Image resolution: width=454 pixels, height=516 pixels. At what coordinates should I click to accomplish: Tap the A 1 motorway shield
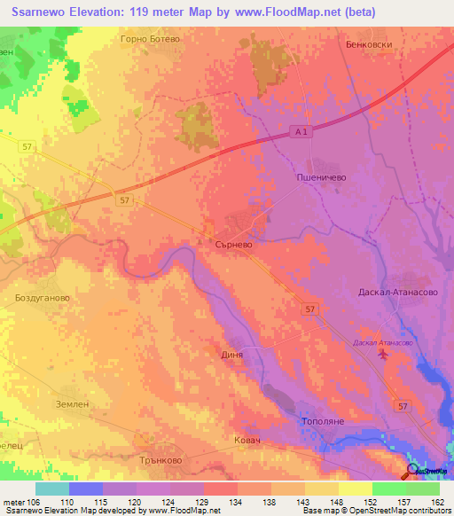[302, 132]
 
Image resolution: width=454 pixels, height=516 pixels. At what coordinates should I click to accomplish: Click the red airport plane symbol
[382, 355]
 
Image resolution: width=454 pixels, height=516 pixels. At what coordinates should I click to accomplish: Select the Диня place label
[231, 354]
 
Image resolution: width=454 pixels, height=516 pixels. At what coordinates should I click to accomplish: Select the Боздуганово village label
[42, 299]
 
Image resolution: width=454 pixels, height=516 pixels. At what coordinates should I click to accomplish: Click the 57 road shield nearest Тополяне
[403, 405]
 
